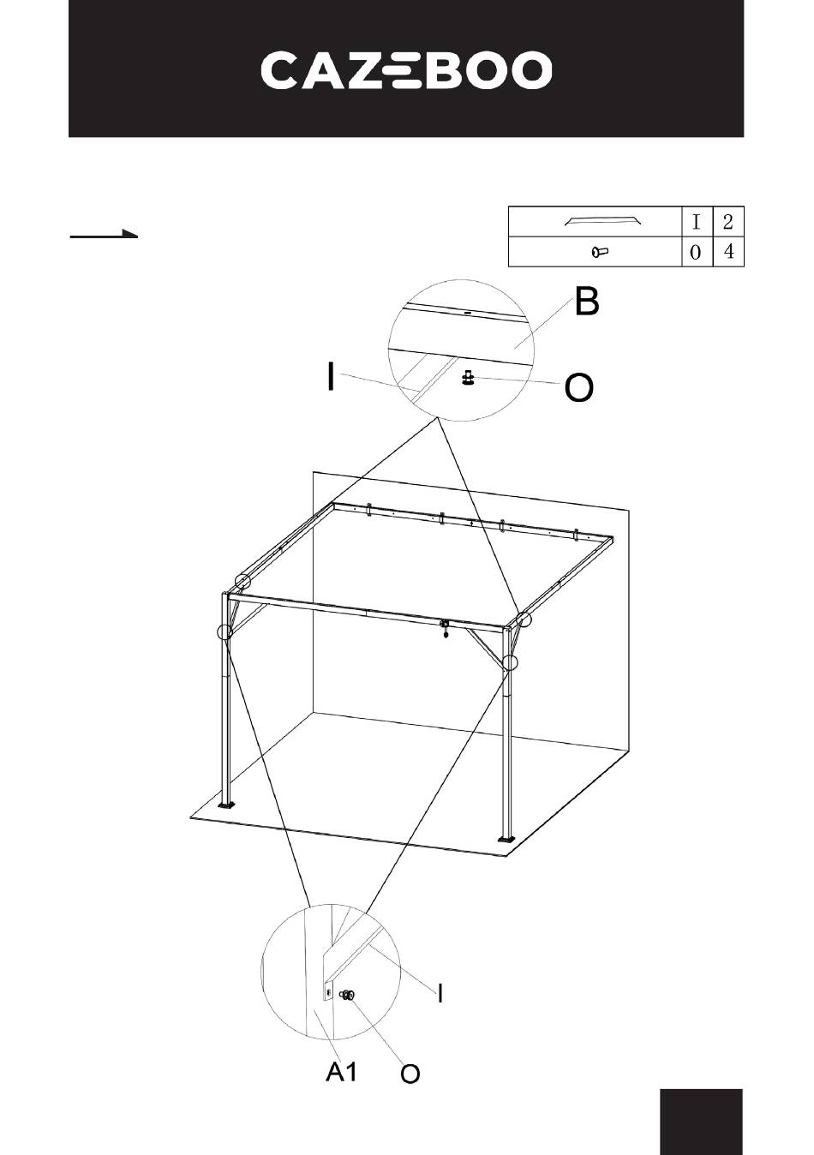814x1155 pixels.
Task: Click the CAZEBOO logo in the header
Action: pos(406,70)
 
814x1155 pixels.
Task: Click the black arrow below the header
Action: pos(104,234)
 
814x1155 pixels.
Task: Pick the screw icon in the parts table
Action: pos(599,252)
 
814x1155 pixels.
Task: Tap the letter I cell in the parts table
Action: pos(697,222)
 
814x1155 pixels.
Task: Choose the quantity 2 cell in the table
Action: pos(727,222)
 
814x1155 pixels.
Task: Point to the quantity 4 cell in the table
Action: pos(728,252)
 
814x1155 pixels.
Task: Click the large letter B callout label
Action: pos(587,302)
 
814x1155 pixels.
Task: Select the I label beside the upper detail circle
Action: pos(330,376)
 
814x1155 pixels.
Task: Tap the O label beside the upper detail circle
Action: pos(578,389)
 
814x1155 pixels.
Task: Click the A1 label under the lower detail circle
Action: pos(341,1071)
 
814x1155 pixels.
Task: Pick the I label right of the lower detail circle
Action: pos(440,993)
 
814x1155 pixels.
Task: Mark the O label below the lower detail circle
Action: pos(410,1074)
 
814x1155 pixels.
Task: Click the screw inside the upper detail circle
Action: pos(468,377)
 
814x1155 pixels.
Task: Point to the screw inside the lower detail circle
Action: pos(348,996)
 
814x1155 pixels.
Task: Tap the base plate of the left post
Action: pos(227,805)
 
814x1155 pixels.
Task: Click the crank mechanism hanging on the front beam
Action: pos(445,628)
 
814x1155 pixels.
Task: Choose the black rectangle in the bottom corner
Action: pos(701,1121)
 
